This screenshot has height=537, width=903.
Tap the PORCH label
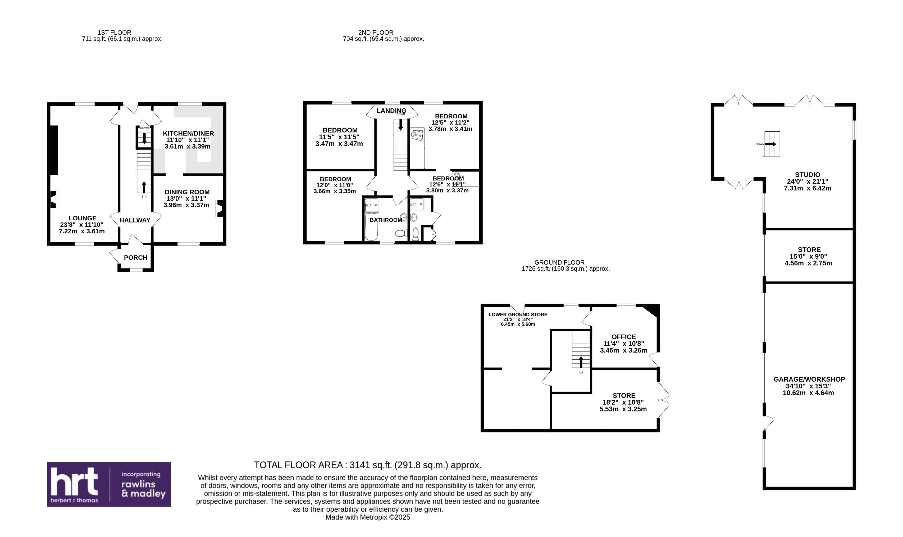(135, 258)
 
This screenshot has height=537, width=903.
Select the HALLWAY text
(135, 220)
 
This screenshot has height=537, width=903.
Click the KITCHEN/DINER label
(188, 133)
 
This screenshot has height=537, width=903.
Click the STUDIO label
(808, 175)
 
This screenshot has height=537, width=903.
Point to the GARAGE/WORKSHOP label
(809, 379)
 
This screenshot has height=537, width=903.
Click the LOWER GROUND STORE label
(518, 314)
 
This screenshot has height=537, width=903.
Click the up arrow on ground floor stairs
(581, 362)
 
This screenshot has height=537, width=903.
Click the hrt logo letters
(74, 481)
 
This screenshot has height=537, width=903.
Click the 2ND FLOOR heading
(376, 33)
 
